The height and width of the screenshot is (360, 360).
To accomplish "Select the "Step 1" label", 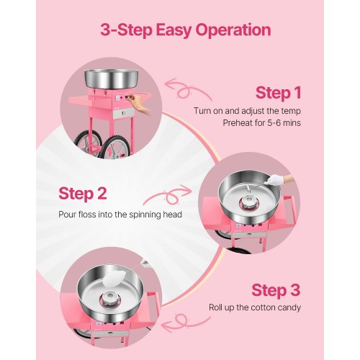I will click(x=278, y=94).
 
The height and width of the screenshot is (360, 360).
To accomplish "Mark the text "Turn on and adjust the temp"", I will click(x=246, y=111).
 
